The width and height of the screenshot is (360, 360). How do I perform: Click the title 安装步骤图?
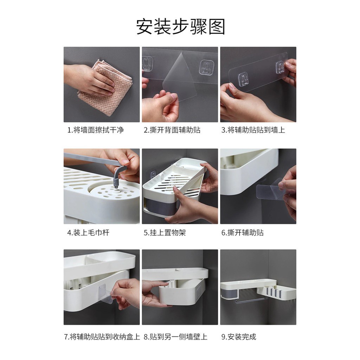[180, 27]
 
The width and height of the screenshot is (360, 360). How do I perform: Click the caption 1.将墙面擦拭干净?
[95, 130]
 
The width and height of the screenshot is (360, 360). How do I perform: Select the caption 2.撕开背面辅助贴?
[172, 130]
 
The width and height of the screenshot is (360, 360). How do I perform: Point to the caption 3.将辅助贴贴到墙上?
[253, 130]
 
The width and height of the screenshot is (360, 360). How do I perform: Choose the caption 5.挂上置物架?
[165, 233]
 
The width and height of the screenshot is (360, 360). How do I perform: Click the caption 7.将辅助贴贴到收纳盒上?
[102, 337]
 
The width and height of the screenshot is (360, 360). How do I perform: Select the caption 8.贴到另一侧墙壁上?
[175, 337]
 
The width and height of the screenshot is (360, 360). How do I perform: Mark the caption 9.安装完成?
[239, 337]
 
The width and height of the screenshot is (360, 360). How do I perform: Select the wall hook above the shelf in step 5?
[153, 175]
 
